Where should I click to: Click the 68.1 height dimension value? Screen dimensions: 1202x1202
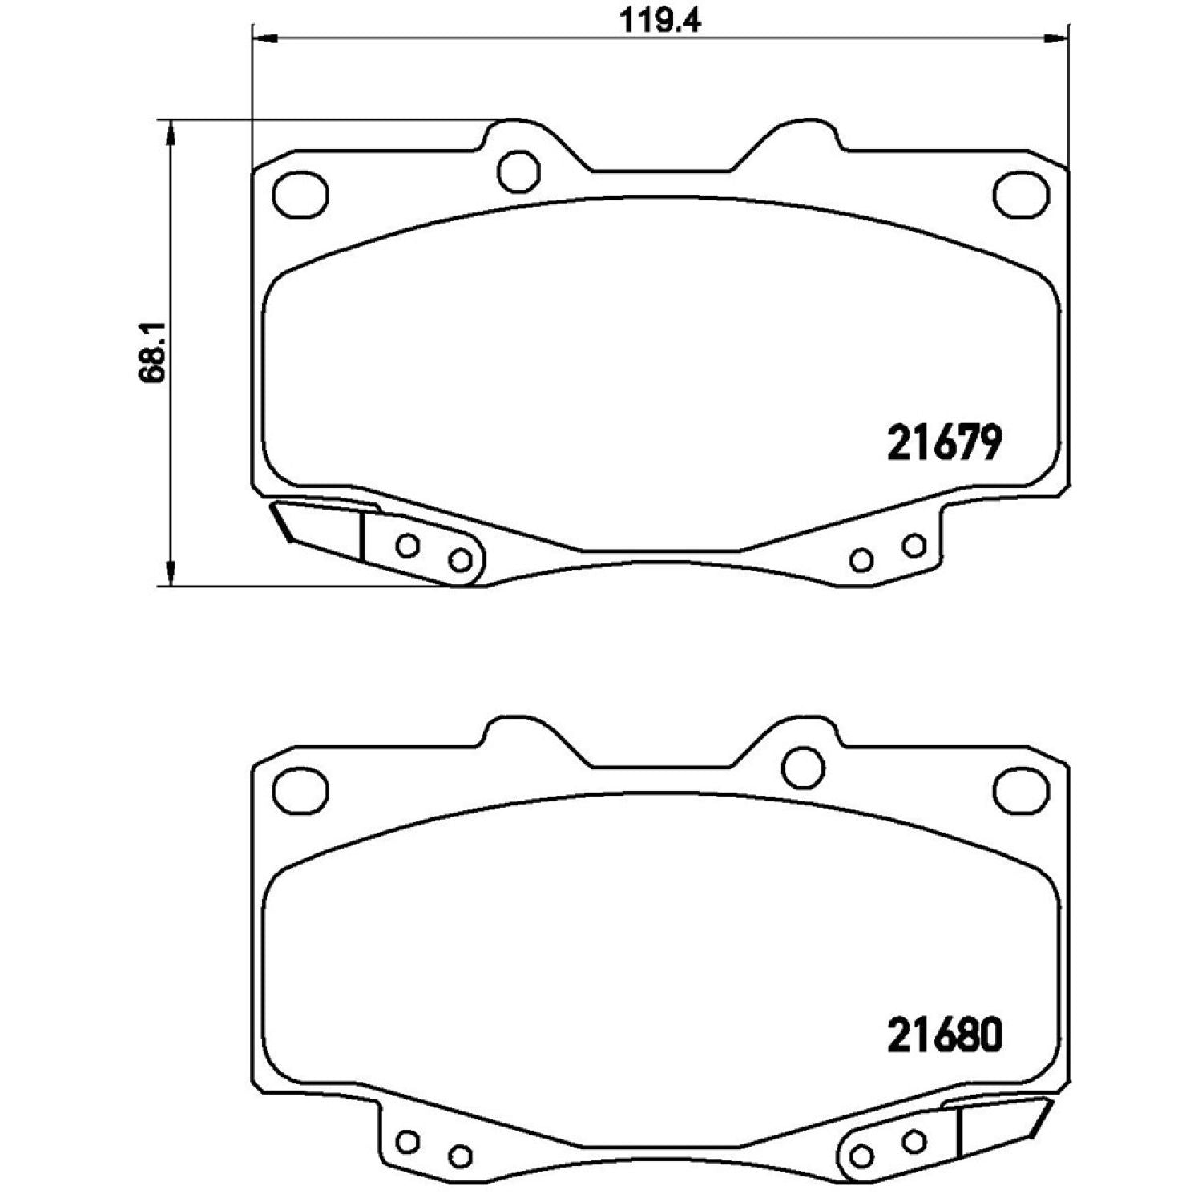point(152,353)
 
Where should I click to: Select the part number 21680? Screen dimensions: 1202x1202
point(945,1035)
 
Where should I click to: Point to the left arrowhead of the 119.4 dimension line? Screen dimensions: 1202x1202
point(264,38)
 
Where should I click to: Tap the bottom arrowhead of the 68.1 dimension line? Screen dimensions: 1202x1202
point(170,573)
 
